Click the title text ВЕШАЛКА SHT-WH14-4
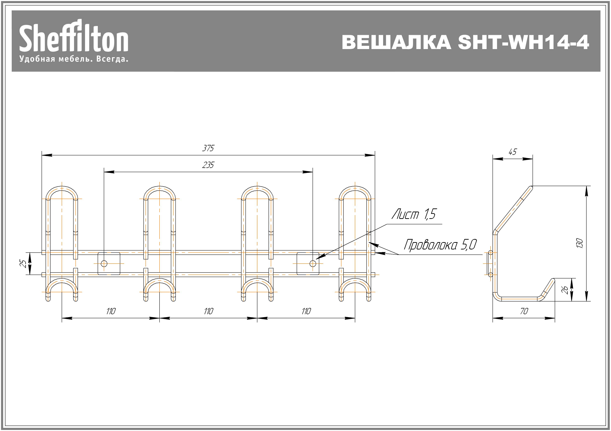coord(465,42)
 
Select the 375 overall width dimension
coord(208,148)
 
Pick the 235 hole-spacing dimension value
coord(208,165)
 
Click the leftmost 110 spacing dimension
coord(111,311)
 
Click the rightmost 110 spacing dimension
coord(306,311)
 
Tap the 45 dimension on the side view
coord(512,152)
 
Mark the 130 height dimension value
coord(580,243)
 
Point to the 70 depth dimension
coord(524,311)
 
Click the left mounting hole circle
coord(104,263)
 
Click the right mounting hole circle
coord(313,263)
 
